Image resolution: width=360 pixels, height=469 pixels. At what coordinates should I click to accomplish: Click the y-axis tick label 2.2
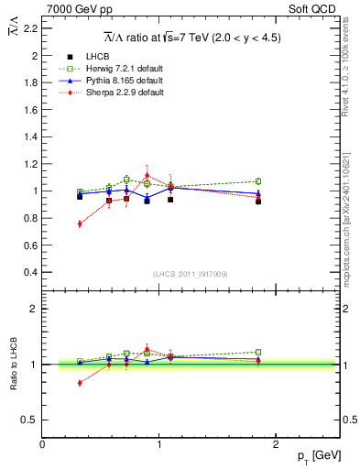pyautogui.click(x=30, y=28)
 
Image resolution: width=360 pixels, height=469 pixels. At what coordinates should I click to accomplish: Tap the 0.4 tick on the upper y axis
pyautogui.click(x=30, y=272)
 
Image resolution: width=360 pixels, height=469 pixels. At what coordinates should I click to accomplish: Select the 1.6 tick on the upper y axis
pyautogui.click(x=30, y=110)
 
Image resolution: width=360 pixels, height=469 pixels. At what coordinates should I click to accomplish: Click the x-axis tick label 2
pyautogui.click(x=278, y=444)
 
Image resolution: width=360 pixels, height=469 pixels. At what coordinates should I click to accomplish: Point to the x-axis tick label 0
pyautogui.click(x=42, y=444)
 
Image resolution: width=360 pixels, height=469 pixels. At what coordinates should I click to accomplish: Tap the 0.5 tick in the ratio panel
pyautogui.click(x=30, y=420)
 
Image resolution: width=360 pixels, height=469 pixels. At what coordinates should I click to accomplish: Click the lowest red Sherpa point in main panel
pyautogui.click(x=80, y=224)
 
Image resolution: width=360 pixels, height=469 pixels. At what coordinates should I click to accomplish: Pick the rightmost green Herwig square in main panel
pyautogui.click(x=258, y=181)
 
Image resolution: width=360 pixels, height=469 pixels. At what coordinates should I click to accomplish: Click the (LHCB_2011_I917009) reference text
pyautogui.click(x=191, y=273)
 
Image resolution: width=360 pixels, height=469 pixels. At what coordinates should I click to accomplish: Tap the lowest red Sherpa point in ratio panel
pyautogui.click(x=80, y=383)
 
